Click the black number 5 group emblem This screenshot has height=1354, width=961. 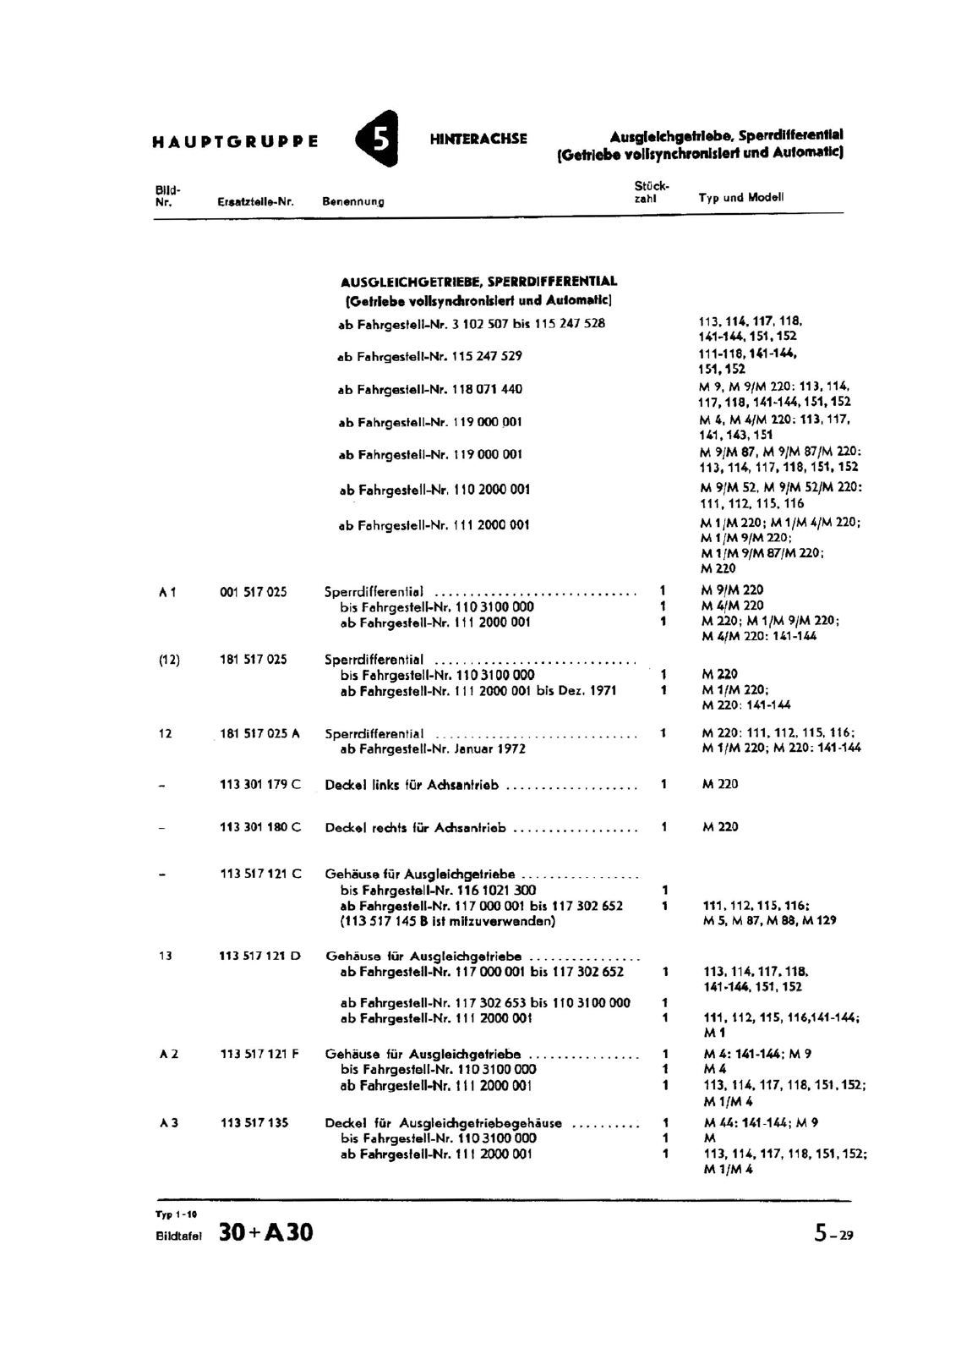[x=378, y=140]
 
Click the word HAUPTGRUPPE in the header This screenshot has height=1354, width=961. [x=236, y=141]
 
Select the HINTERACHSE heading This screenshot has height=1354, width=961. [x=478, y=139]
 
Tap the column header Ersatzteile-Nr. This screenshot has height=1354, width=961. [x=254, y=202]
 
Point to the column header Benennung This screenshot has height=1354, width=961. [x=353, y=202]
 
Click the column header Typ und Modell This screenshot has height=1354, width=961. [x=741, y=197]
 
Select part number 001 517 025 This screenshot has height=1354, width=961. [x=253, y=592]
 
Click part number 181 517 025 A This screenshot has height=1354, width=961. [x=259, y=734]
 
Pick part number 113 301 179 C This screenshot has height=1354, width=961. [x=260, y=785]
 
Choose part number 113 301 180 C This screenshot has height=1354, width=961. [x=260, y=827]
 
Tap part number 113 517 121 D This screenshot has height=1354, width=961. [x=259, y=957]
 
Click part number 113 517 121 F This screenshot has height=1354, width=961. [x=259, y=1055]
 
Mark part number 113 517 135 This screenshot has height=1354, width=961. [x=254, y=1123]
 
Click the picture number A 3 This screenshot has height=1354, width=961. [x=168, y=1123]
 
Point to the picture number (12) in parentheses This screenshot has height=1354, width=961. [x=169, y=660]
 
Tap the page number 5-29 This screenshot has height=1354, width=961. [x=833, y=1234]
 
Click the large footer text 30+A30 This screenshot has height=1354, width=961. [x=265, y=1233]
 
